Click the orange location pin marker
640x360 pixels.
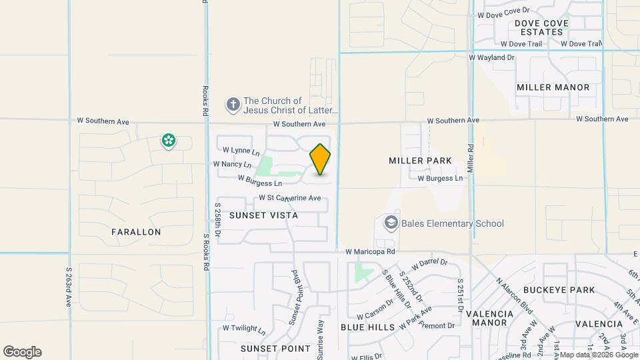coord(321,159)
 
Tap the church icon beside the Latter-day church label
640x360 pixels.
coord(233,105)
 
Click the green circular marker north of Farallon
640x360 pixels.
coord(168,141)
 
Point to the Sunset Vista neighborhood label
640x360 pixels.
coord(263,215)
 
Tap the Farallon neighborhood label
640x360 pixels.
coord(136,232)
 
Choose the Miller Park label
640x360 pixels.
coord(420,161)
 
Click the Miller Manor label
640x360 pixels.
coord(553,87)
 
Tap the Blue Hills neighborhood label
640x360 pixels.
coord(368,327)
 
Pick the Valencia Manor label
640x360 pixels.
coord(489,318)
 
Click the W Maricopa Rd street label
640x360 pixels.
coord(371,251)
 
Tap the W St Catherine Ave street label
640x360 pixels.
coord(290,198)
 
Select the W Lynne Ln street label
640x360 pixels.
coord(241,151)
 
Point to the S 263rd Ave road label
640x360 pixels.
coord(69,287)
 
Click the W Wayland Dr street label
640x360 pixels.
coord(492,58)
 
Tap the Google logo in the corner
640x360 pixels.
coord(22,352)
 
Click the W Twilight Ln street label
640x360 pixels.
coord(244,329)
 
